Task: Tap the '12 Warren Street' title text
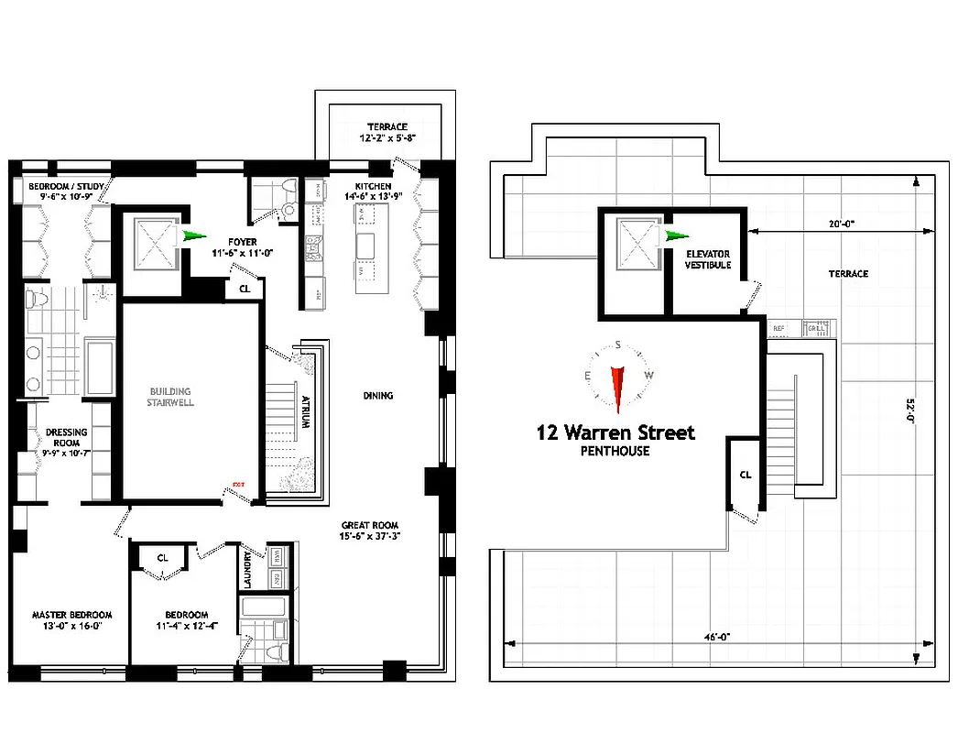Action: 615,432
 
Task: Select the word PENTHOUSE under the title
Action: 615,451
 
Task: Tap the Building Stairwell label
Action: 172,396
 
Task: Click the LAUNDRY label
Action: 248,568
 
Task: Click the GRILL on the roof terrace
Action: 815,327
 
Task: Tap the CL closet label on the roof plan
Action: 746,475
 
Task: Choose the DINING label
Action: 378,396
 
